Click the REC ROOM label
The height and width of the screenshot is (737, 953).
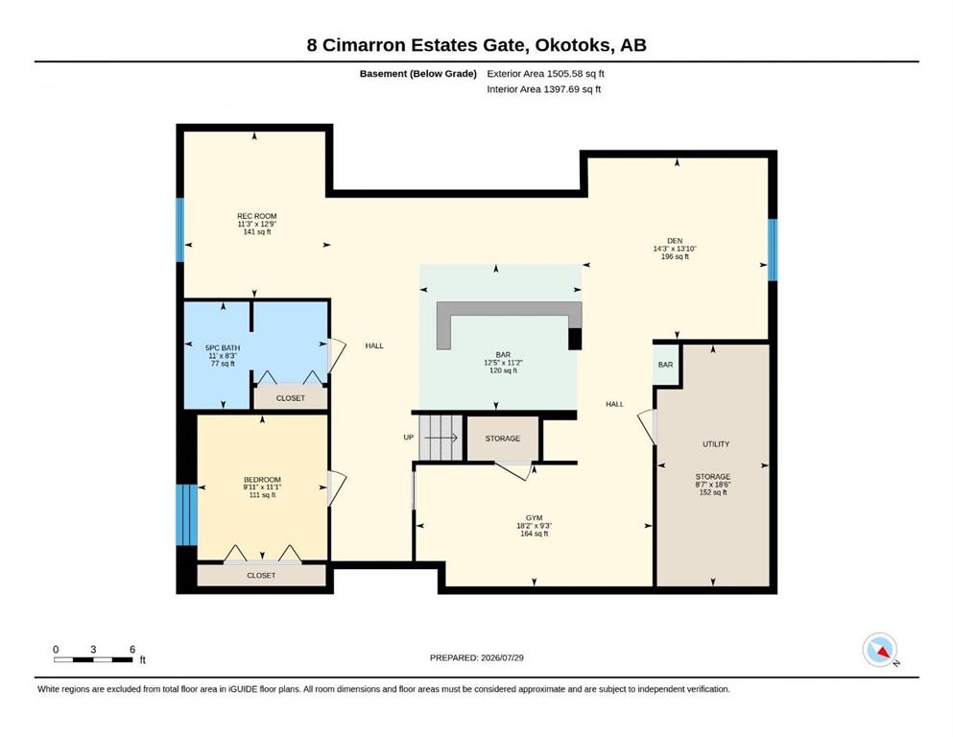(256, 216)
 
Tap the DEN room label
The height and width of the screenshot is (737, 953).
(675, 241)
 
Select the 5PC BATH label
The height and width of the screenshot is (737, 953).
(223, 348)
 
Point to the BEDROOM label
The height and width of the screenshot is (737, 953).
(262, 480)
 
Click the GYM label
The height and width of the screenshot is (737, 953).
(535, 518)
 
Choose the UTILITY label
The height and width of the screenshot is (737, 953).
(716, 444)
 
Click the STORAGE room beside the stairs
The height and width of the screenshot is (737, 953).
(503, 438)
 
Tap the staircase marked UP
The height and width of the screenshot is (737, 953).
(441, 438)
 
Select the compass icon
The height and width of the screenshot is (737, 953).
(880, 650)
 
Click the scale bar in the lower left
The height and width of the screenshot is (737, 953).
(93, 660)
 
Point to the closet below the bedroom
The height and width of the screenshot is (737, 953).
(261, 575)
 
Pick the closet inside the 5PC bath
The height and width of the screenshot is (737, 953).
(291, 398)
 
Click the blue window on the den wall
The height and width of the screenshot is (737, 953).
(773, 250)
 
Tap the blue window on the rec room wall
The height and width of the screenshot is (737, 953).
(179, 229)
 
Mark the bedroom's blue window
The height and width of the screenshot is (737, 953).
(186, 515)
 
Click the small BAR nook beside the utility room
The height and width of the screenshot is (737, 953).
(666, 365)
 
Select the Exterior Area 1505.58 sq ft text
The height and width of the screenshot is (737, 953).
(545, 74)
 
